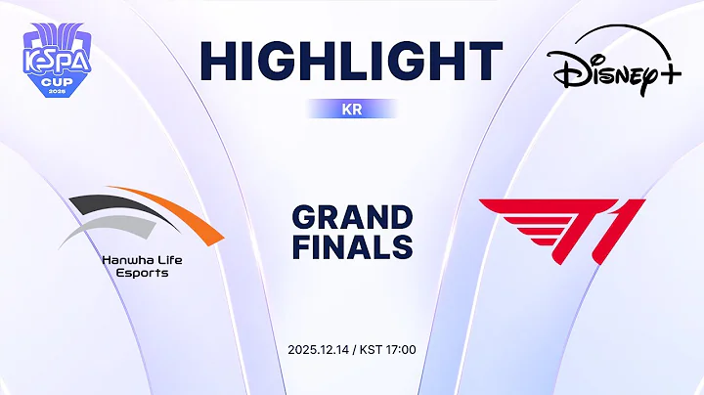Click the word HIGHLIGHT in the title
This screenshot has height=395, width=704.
[351, 62]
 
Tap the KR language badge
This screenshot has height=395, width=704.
[351, 110]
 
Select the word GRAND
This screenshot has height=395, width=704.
[352, 217]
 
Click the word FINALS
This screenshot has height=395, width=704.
[352, 247]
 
